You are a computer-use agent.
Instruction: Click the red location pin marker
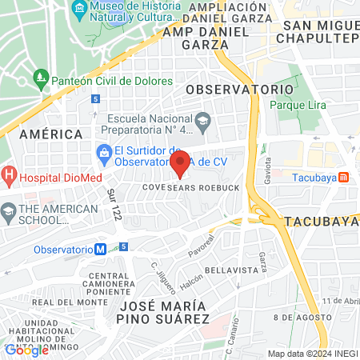(181, 162)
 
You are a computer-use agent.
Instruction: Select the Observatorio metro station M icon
(100, 249)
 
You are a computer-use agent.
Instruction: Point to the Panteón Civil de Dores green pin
(41, 80)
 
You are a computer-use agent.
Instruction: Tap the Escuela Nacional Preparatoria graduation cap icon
(203, 120)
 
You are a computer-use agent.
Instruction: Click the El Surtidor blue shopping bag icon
(103, 151)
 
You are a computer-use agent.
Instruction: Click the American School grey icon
(9, 214)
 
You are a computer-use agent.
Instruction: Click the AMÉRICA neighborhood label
(51, 134)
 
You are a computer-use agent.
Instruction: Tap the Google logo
(26, 349)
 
